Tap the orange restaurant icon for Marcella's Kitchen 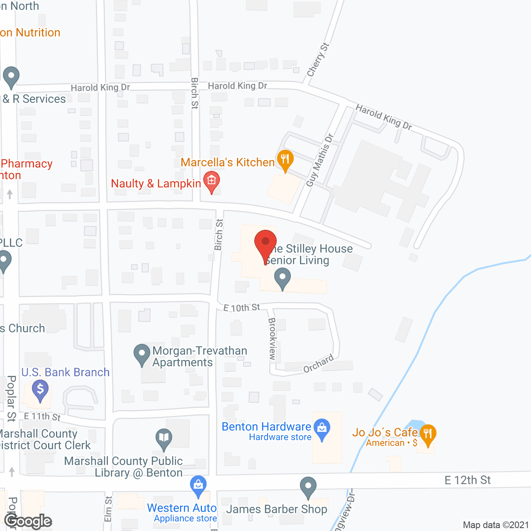coord(285,160)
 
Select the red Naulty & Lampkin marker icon coord(212,181)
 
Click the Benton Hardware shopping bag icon coord(322,429)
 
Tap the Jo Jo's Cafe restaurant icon coord(428,434)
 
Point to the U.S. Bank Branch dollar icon coord(40,390)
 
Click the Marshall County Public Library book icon coord(164,438)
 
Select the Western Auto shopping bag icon coord(198,485)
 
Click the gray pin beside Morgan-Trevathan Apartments coord(142,354)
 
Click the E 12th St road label coord(468,480)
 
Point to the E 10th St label coord(241,308)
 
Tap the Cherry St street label coord(318,60)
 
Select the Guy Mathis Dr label coord(320,160)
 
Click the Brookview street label coord(272,339)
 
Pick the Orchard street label coord(319,364)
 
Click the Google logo coord(28,521)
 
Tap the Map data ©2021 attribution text coord(496,525)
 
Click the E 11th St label coord(42,417)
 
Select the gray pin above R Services coord(11,76)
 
